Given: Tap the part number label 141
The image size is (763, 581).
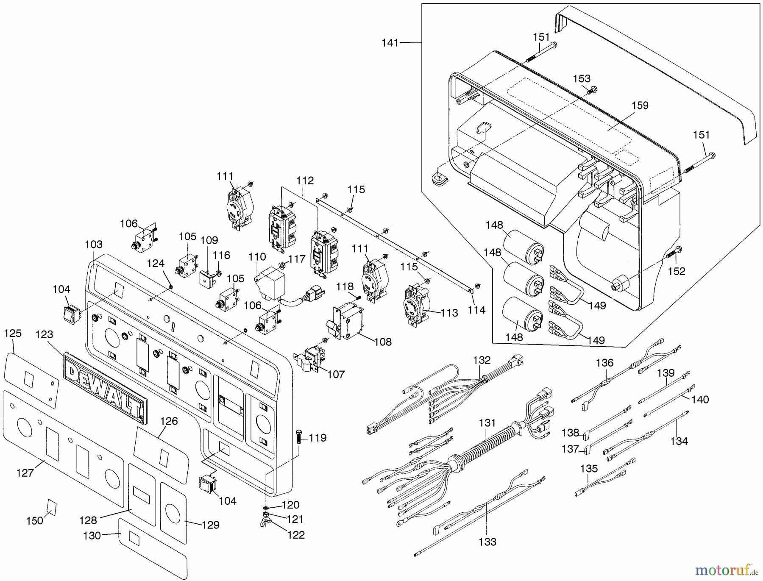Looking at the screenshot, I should click(x=390, y=43).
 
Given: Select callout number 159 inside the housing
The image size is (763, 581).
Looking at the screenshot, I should click(x=640, y=106).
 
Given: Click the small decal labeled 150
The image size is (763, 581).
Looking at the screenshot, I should click(x=51, y=506).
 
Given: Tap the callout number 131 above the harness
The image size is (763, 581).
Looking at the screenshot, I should click(x=487, y=423).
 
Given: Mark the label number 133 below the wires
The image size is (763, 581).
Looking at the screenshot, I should click(x=487, y=542).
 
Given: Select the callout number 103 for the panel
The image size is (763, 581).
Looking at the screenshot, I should click(x=94, y=245).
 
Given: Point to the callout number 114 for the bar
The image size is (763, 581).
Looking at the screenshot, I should click(x=476, y=310).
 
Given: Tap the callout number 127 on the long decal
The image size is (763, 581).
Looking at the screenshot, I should click(x=25, y=473).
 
